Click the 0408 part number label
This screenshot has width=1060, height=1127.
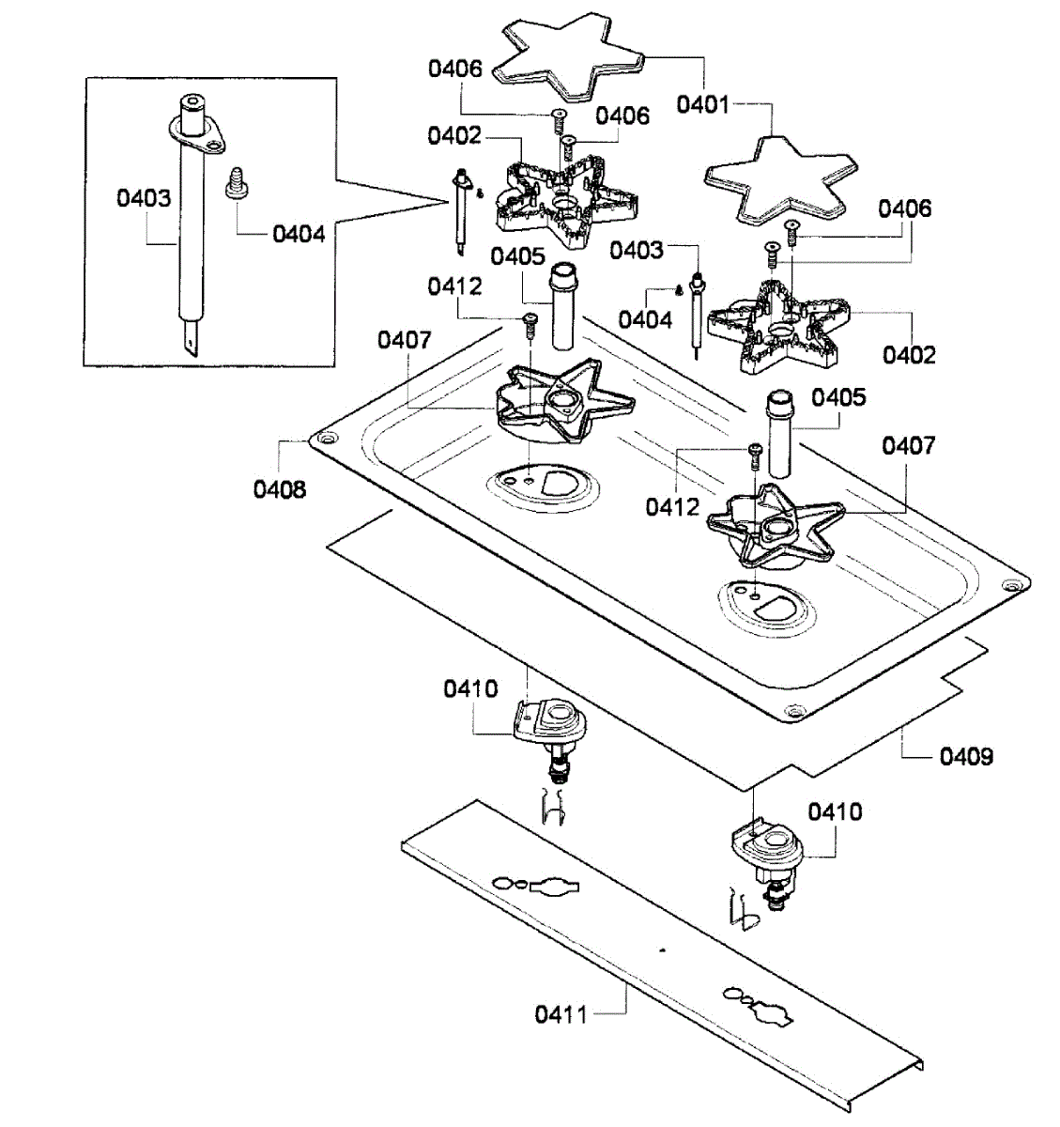click(279, 488)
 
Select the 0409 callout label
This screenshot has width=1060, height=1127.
click(966, 755)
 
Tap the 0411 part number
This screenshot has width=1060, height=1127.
click(561, 1013)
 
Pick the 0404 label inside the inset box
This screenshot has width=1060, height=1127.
click(299, 233)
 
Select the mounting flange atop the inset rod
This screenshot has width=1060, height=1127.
click(198, 131)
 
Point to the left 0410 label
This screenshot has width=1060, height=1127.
click(470, 688)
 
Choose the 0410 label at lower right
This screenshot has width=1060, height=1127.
click(835, 811)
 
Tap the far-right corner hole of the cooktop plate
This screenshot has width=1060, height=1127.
click(1011, 584)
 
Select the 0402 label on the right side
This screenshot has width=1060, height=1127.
click(909, 354)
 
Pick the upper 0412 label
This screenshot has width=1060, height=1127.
click(454, 286)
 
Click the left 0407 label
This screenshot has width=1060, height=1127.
click(405, 339)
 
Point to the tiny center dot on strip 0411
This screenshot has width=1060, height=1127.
click(662, 950)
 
